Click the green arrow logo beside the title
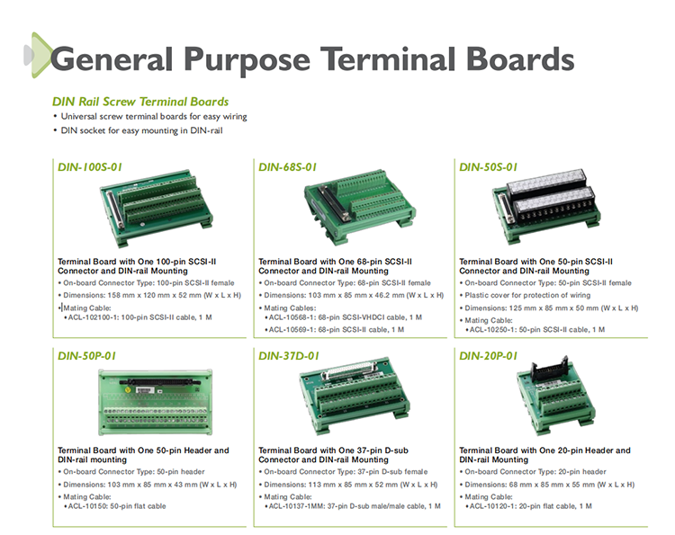(x=38, y=55)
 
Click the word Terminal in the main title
(x=387, y=58)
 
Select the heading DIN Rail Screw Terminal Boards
(x=140, y=102)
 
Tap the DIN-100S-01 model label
(x=90, y=167)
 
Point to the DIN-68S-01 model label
(x=288, y=167)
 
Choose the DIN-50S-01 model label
(x=488, y=167)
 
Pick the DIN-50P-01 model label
(x=87, y=356)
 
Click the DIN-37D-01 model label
(x=289, y=356)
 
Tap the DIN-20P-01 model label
(x=488, y=356)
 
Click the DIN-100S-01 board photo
(x=157, y=208)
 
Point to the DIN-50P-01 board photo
(x=155, y=402)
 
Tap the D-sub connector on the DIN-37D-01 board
(x=349, y=370)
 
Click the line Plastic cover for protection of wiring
(x=527, y=296)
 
